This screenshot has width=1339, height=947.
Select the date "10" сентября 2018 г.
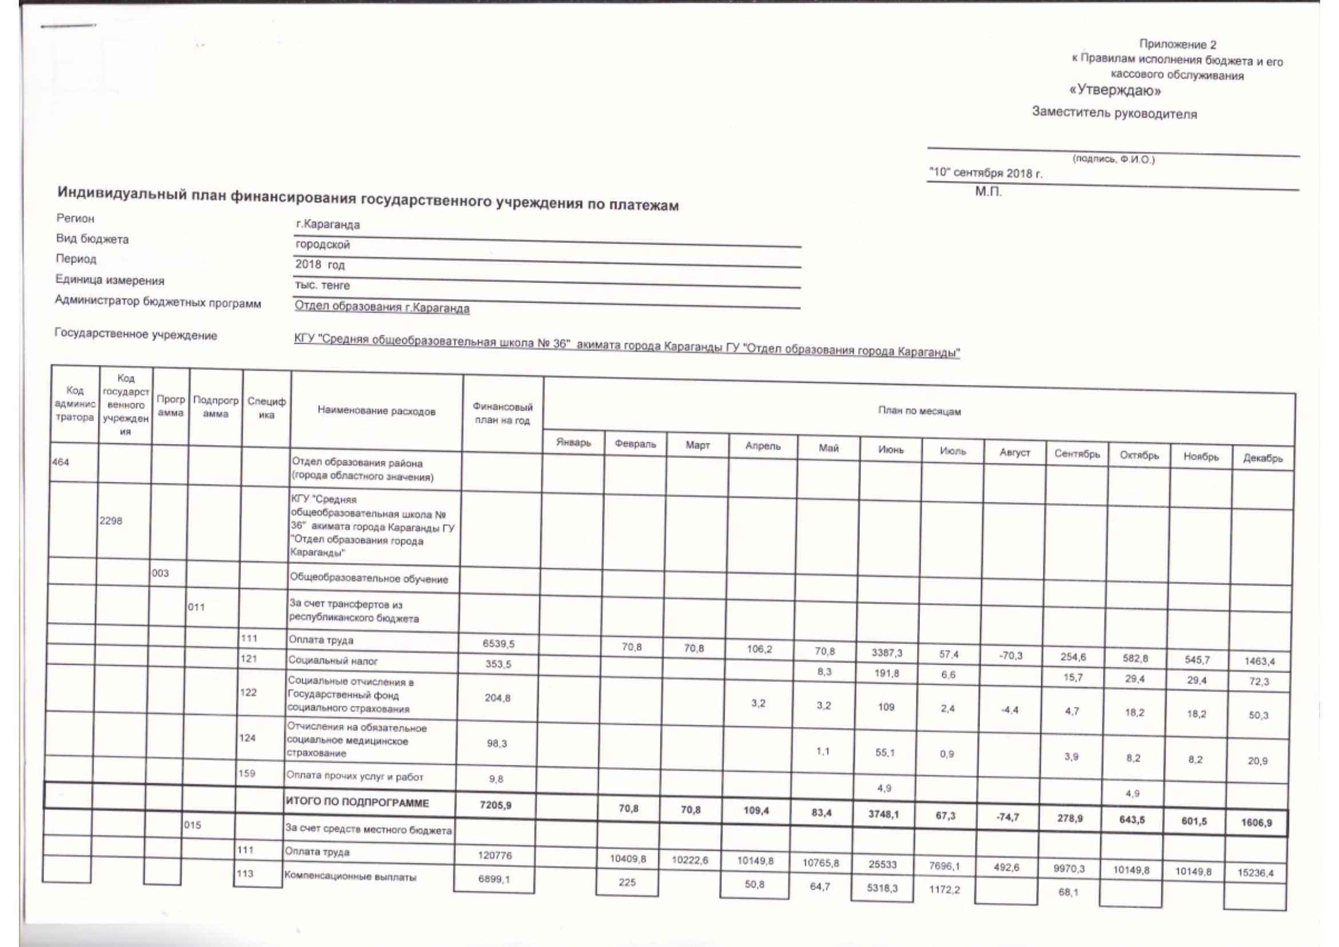[985, 173]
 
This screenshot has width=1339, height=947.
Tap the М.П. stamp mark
[989, 191]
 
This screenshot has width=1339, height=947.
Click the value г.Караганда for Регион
[328, 225]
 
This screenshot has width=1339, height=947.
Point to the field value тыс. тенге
[322, 285]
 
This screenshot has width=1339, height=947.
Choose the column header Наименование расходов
[376, 411]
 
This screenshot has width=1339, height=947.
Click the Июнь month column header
[891, 450]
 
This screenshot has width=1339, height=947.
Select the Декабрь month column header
[1263, 458]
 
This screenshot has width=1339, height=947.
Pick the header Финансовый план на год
[502, 413]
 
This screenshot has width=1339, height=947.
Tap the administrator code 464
[60, 462]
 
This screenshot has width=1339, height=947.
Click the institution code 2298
[111, 520]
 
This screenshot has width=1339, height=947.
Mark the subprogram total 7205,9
[495, 805]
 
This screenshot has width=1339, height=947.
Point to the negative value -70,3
[1010, 655]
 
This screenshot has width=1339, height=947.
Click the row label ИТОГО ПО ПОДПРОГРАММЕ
[357, 803]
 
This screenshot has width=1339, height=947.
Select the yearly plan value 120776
[495, 855]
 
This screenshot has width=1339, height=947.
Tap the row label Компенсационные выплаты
[350, 877]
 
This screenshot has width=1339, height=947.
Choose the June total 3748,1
[883, 814]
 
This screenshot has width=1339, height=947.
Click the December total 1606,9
[1256, 823]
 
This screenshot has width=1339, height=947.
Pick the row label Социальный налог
[333, 661]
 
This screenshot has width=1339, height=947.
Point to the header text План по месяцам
[919, 411]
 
